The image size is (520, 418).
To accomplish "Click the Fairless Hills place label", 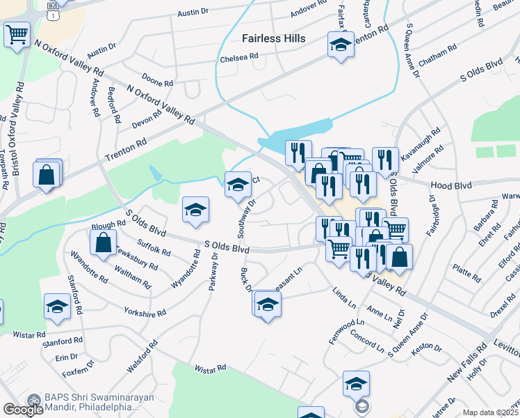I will pos(273,38).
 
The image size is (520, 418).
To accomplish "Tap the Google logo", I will pos(24,409).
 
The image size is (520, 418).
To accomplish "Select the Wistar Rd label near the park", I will pos(211,367).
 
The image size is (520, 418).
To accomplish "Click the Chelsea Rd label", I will pos(238,57).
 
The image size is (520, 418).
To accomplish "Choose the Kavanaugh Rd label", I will pos(425,141).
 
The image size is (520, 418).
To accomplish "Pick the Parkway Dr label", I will pos(212,277).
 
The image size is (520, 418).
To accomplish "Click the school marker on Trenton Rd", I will pos(341,45).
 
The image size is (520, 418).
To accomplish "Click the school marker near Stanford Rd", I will pos(57,306).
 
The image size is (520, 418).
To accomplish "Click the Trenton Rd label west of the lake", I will pos(126,151).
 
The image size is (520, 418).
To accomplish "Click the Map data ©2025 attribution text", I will pos(490,412).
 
